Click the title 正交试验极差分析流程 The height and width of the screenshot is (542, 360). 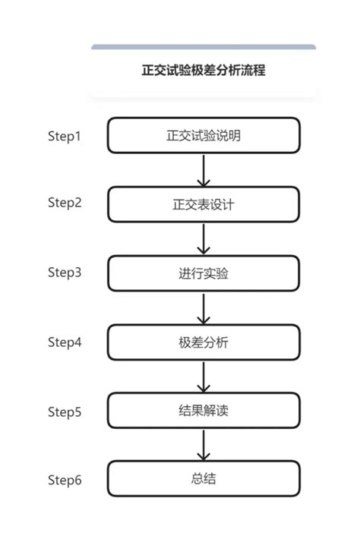coord(204,71)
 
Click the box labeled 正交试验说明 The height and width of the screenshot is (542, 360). coord(204,136)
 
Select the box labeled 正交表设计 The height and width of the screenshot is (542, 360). coord(204,204)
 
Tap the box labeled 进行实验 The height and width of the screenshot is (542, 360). coord(204,273)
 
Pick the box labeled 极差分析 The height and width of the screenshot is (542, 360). coord(204,342)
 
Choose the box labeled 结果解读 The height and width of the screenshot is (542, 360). coord(204,411)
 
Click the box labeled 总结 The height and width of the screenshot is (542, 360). coord(204,479)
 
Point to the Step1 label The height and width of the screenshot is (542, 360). coord(65,136)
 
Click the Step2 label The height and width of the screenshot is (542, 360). coord(65,203)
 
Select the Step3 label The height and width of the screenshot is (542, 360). coord(65,272)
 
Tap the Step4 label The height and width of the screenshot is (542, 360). coord(65,342)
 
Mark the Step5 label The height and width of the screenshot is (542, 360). coord(65,412)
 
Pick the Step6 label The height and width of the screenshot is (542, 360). coord(65,480)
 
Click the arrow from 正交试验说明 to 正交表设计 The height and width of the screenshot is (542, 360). coord(204,170)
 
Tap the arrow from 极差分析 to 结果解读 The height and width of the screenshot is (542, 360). coord(204,377)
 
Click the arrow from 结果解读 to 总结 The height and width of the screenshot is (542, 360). coord(204,445)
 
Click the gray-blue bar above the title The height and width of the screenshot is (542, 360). coord(204,47)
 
